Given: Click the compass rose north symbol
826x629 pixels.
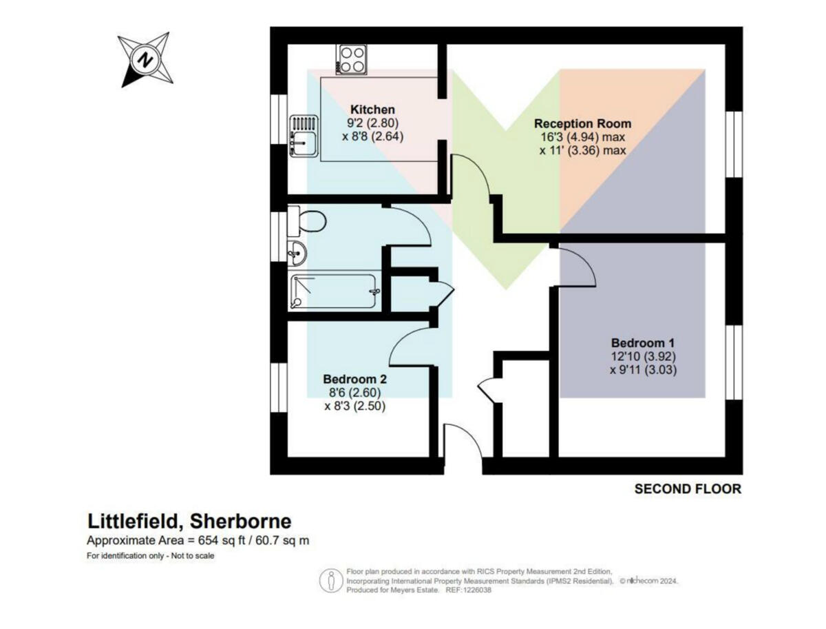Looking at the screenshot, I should (x=145, y=59).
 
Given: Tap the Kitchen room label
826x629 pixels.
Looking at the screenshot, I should (x=372, y=110).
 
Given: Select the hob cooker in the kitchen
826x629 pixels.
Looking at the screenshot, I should (x=351, y=59).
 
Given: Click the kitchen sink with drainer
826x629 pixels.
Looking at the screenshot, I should (x=303, y=136).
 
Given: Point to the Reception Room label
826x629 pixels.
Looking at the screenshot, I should (x=583, y=124).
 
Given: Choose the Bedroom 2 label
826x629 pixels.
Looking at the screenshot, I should (x=354, y=379).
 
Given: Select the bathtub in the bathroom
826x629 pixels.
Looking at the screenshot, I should (x=334, y=291).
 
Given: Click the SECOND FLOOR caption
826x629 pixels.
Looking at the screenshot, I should (x=687, y=489).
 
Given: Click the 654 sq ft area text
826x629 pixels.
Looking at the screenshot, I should (x=198, y=540).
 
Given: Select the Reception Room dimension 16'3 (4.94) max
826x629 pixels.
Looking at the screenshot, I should (x=583, y=136).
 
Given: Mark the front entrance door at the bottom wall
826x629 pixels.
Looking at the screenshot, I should (x=462, y=448).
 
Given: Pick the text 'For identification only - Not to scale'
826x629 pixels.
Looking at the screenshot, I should (x=151, y=556).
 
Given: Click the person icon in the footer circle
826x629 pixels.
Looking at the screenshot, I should (x=332, y=581).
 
